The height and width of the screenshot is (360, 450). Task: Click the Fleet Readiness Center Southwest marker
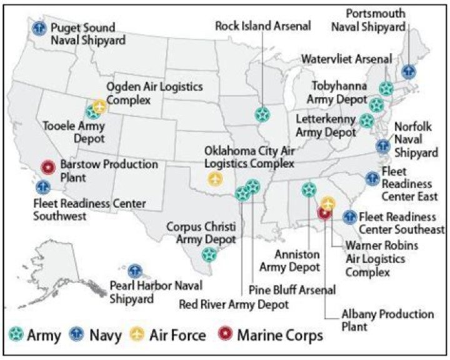pos(43,186)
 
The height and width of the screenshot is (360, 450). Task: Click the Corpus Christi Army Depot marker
pos(209,254)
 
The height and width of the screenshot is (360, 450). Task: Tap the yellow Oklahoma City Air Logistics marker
pos(215,179)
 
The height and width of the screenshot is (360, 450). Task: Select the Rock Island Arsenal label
pos(262,26)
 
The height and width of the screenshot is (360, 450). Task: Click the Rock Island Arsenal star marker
pos(262,114)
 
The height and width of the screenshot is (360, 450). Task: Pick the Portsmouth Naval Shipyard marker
pos(409,71)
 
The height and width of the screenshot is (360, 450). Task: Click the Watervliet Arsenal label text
pos(347,59)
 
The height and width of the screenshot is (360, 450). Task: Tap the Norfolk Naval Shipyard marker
pos(382,146)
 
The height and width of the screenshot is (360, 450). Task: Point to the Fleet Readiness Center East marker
pos(372,179)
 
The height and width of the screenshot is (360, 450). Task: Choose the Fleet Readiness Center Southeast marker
pos(350,217)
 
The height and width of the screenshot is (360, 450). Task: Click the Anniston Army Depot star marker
pos(308,189)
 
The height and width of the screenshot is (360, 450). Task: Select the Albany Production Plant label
pos(387,319)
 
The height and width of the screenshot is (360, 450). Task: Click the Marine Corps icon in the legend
pos(227,335)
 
